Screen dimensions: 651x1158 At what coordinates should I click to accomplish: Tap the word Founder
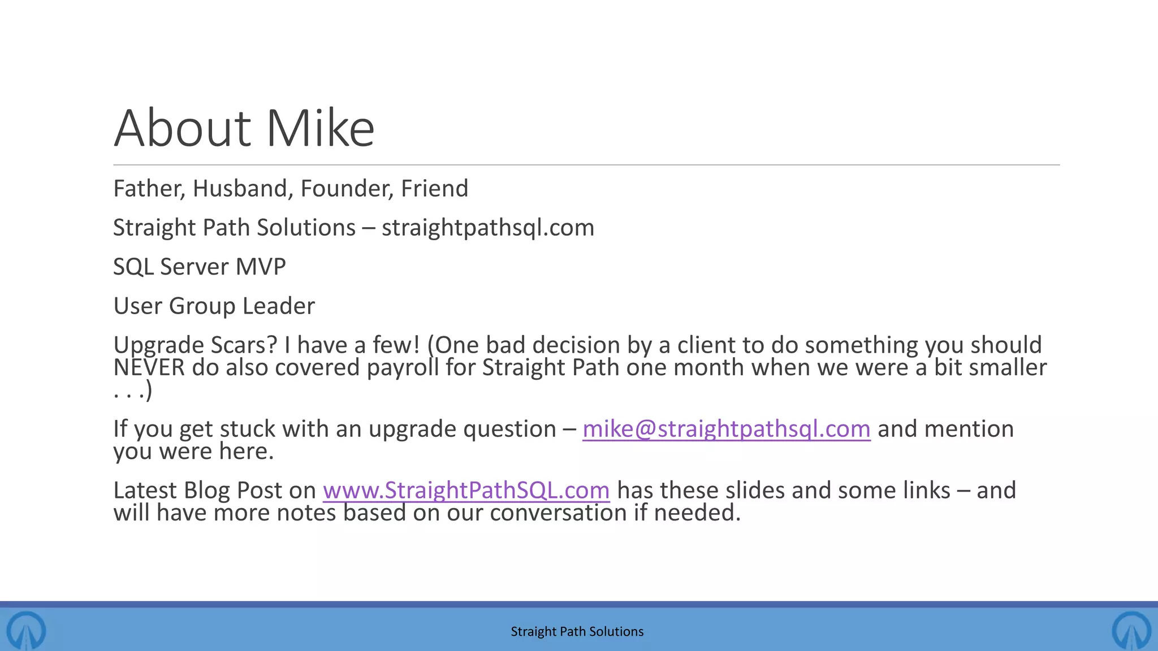[347, 189]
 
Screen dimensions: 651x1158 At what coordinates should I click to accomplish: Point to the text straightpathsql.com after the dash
[488, 228]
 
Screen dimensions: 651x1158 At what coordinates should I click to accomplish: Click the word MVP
[261, 267]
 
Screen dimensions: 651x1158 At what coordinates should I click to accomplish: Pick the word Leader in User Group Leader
[278, 306]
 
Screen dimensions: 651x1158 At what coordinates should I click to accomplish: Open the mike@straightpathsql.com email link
[726, 429]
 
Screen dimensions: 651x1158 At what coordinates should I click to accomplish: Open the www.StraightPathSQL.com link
[466, 491]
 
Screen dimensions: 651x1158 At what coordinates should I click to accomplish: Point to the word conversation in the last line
[558, 513]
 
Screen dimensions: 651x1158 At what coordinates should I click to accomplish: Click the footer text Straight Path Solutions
[577, 631]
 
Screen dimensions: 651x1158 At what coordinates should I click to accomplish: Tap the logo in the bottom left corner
[26, 630]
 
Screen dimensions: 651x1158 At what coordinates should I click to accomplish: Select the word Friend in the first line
[434, 189]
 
